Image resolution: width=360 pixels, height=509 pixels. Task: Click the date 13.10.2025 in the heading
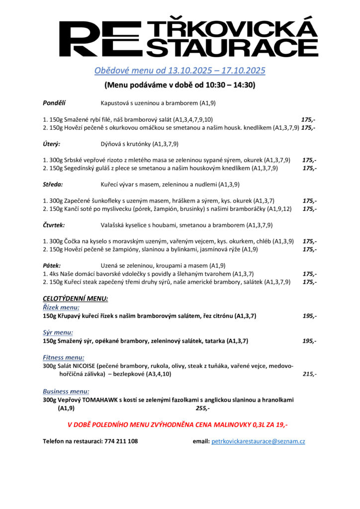[183, 71]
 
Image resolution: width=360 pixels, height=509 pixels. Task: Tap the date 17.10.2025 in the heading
[238, 71]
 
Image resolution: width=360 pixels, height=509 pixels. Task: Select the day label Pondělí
[54, 103]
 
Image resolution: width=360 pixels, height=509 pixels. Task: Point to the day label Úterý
[52, 144]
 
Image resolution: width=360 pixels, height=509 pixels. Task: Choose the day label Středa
[53, 184]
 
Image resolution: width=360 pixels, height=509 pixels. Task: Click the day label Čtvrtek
[54, 225]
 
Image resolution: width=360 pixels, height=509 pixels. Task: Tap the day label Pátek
[52, 265]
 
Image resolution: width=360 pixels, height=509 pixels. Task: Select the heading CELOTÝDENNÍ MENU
[75, 299]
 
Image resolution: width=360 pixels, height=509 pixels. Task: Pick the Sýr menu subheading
[58, 333]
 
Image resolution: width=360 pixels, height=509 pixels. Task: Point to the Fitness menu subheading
[63, 357]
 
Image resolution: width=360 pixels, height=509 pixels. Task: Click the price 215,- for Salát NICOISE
[309, 374]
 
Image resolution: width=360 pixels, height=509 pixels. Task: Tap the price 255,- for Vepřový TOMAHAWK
[202, 408]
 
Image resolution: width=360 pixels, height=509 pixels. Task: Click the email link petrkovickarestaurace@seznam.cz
[258, 441]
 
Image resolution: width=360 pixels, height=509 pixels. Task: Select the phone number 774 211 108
[121, 441]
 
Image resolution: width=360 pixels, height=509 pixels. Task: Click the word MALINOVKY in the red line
[216, 425]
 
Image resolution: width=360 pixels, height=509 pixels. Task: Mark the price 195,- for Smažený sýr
[309, 341]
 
